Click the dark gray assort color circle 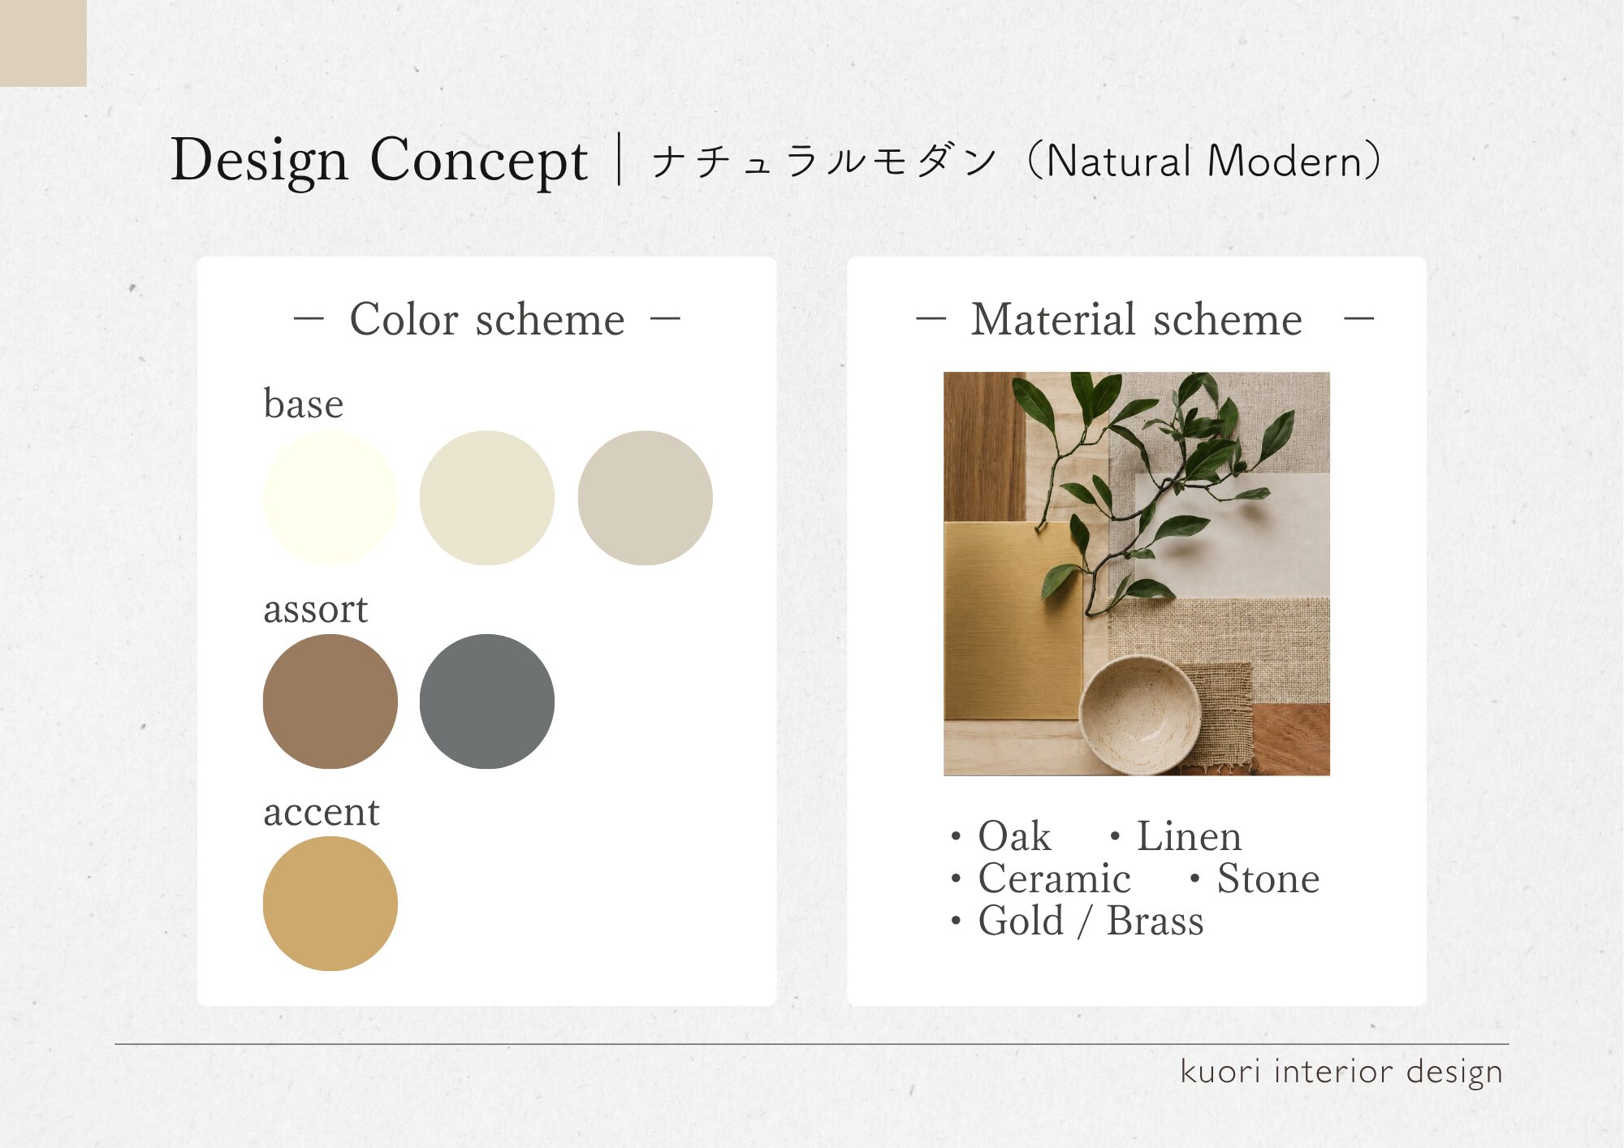tap(487, 701)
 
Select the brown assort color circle tap(330, 701)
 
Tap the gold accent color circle tap(330, 904)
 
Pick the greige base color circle tap(646, 498)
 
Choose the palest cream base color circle tap(330, 498)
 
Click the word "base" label tap(304, 404)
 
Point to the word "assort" tap(316, 609)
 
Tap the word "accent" tap(322, 812)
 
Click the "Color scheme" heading tap(487, 319)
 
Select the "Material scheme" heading tap(1137, 319)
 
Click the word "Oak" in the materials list tap(1014, 836)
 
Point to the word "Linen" tap(1189, 836)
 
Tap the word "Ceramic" tap(1054, 878)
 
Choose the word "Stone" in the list tap(1268, 878)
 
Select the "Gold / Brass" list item tap(1091, 921)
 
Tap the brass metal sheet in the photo tap(1013, 621)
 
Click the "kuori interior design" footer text tap(1341, 1072)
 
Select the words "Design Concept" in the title tap(378, 160)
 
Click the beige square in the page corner tap(43, 43)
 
